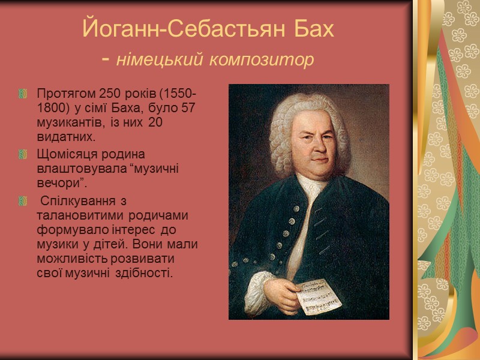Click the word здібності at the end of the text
click(146, 273)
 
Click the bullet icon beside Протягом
click(24, 95)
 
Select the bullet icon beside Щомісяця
click(24, 154)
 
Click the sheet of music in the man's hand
click(320, 295)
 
